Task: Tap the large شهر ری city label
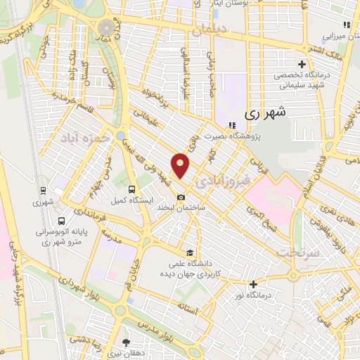(x=261, y=112)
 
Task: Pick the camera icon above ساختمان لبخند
(x=181, y=198)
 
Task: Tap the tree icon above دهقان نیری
(x=127, y=343)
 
